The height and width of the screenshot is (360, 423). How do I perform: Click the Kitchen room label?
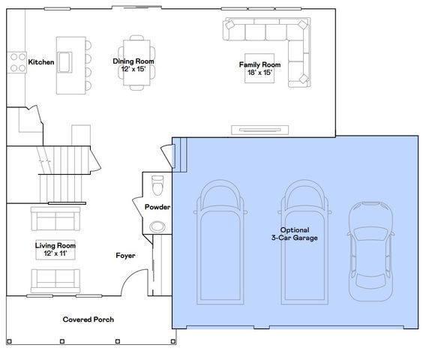[41, 62]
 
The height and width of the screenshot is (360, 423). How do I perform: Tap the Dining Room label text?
[133, 61]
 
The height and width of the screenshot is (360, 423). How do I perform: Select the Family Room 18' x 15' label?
[259, 68]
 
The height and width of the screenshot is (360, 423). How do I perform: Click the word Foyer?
[125, 255]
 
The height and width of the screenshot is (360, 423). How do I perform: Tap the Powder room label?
[157, 207]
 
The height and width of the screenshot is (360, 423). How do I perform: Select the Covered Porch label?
[88, 319]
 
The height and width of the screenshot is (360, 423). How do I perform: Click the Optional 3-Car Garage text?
[295, 234]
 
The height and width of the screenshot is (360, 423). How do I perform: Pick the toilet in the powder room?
[157, 185]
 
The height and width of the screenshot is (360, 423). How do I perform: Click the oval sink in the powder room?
[157, 226]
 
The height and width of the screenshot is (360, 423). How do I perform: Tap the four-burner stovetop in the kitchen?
[17, 62]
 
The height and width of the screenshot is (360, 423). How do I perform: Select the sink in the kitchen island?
[64, 62]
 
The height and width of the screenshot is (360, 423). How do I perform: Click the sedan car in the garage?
[371, 251]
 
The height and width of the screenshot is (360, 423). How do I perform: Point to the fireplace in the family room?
[259, 130]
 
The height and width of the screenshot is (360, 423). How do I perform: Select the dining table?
[136, 62]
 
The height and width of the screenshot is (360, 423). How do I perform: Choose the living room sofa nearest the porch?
[55, 281]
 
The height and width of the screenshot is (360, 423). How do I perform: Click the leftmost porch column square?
[9, 341]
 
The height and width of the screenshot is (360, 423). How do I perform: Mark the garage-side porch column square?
[173, 341]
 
